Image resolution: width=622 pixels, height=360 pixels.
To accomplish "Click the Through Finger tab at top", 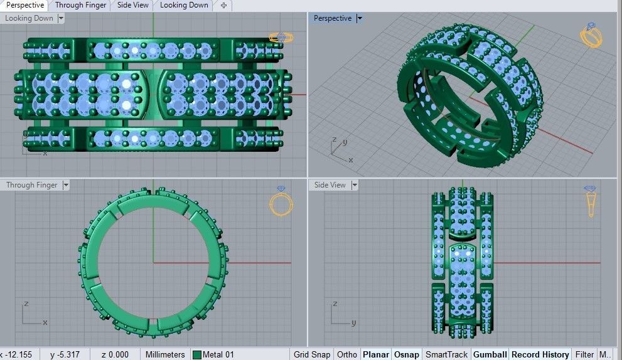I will (80, 5).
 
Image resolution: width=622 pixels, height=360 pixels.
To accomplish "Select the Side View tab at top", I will (132, 5).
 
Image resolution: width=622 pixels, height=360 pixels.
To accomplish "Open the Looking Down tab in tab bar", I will (184, 5).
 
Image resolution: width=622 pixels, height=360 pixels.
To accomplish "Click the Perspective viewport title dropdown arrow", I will (360, 18).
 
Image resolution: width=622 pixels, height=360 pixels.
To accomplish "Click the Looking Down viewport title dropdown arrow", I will (61, 18).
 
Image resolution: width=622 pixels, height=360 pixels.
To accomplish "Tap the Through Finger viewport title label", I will (31, 185).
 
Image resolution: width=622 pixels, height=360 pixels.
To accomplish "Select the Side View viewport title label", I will (330, 185).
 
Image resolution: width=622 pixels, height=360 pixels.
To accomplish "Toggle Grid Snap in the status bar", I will (311, 354).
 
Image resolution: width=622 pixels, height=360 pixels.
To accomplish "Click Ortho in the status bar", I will (347, 354).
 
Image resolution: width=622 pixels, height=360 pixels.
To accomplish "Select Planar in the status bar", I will (376, 354).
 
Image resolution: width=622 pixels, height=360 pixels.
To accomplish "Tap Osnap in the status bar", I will (406, 354).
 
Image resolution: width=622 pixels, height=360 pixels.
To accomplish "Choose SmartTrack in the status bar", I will (446, 354).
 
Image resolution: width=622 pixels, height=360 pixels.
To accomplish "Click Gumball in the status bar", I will (490, 354).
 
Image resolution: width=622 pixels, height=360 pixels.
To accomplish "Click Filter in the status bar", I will (584, 354).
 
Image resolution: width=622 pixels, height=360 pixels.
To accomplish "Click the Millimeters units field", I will (165, 354).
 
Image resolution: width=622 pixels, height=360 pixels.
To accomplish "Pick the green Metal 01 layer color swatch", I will (197, 355).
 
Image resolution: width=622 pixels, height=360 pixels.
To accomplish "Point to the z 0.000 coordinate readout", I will (115, 354).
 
